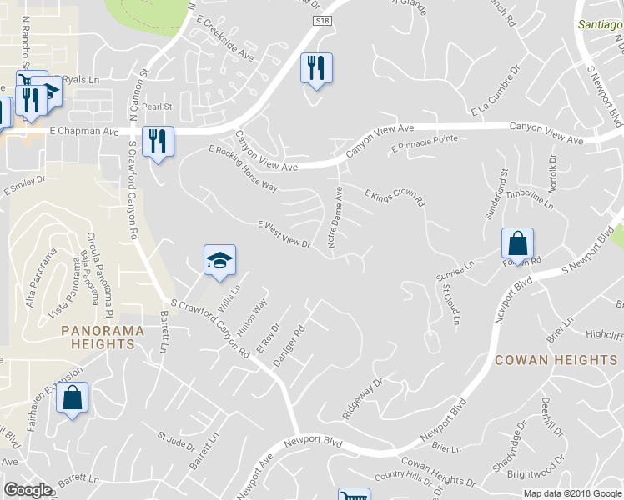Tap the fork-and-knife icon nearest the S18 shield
coord(316,67)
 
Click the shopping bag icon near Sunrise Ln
coord(517,244)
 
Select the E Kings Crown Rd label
coord(395,197)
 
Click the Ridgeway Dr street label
coord(362,399)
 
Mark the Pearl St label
coord(156,107)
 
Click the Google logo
coord(28,489)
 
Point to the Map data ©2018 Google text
coord(572,493)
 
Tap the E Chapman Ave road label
coord(84,132)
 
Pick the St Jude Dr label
coord(176,437)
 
